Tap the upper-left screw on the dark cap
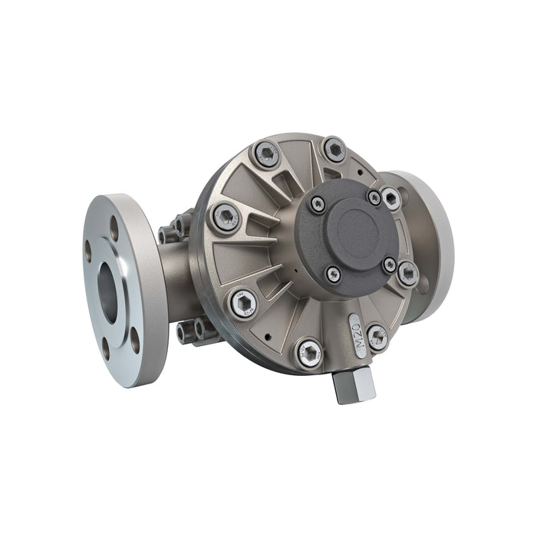coord(316,203)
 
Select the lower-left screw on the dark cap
coord(332,272)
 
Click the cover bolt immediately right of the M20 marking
coord(377,336)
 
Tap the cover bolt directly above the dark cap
coord(334,149)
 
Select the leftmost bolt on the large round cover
coord(226,219)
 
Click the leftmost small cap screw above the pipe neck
coord(164,233)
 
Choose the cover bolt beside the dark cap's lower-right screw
coord(408,272)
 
